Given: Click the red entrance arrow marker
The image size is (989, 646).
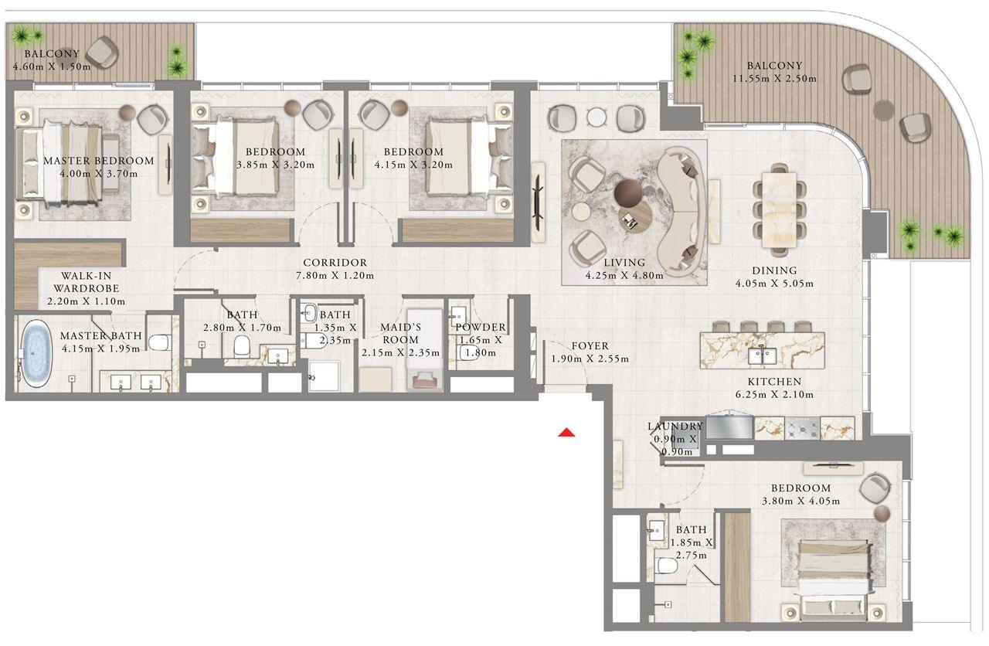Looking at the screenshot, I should (567, 433).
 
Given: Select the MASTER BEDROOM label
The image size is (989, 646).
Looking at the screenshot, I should (98, 161).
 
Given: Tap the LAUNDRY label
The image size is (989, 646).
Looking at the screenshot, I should (675, 427).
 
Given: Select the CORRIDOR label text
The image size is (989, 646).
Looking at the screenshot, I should (335, 263).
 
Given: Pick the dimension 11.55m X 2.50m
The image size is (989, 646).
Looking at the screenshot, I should (774, 79).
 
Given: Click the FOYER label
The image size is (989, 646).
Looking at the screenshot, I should (590, 346).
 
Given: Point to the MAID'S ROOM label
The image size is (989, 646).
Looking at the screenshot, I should (400, 334).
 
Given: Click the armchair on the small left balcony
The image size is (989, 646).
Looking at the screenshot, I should (101, 53).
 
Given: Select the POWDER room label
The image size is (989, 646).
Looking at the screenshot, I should (480, 328).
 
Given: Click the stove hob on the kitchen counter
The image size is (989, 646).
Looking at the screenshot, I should (803, 427).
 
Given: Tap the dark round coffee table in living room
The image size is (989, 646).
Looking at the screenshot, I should (627, 192).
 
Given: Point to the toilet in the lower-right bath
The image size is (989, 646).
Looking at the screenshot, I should (666, 566).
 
